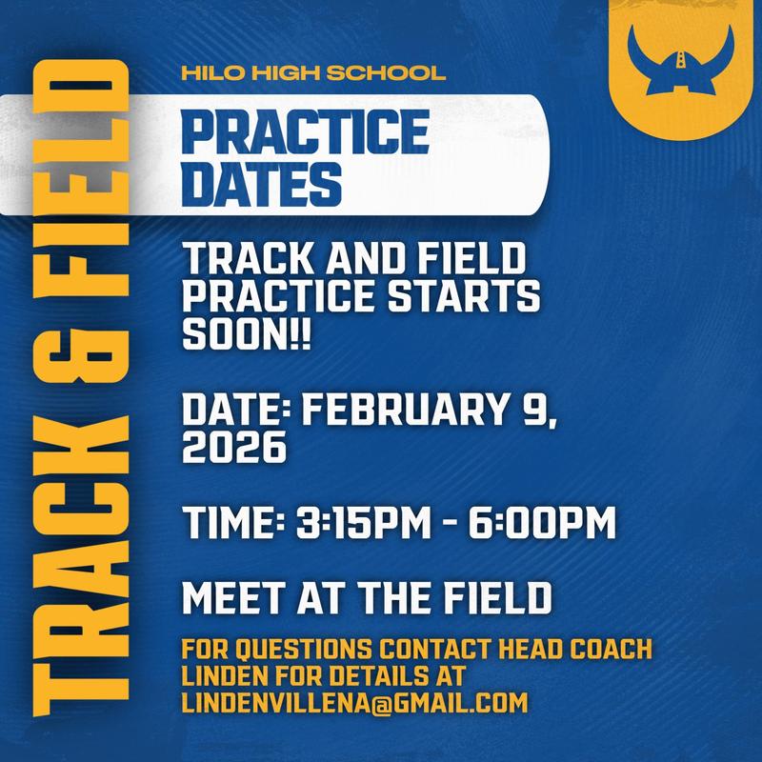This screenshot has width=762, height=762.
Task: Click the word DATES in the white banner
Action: (261, 182)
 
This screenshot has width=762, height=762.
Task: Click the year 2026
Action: (233, 445)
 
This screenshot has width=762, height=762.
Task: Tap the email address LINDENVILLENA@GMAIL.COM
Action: (354, 703)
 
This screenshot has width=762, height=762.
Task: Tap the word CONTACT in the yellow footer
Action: (434, 651)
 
